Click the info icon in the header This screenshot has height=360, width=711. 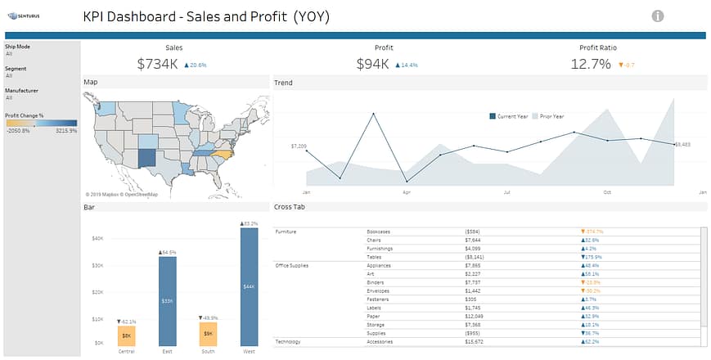658,16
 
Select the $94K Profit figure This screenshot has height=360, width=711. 373,64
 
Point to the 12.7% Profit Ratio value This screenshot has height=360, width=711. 591,64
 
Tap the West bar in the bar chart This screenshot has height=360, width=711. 250,286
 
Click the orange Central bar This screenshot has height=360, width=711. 127,335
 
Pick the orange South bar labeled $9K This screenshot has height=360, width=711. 209,333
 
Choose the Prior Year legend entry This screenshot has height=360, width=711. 550,116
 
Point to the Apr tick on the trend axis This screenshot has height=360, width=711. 406,192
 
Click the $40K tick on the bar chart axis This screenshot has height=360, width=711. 97,238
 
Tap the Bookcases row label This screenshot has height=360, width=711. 379,232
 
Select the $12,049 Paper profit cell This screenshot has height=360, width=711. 475,316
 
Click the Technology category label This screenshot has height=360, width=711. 288,341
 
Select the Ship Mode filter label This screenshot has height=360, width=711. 17,47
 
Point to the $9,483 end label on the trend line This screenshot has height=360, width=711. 682,144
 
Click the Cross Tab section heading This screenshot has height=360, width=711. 290,207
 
